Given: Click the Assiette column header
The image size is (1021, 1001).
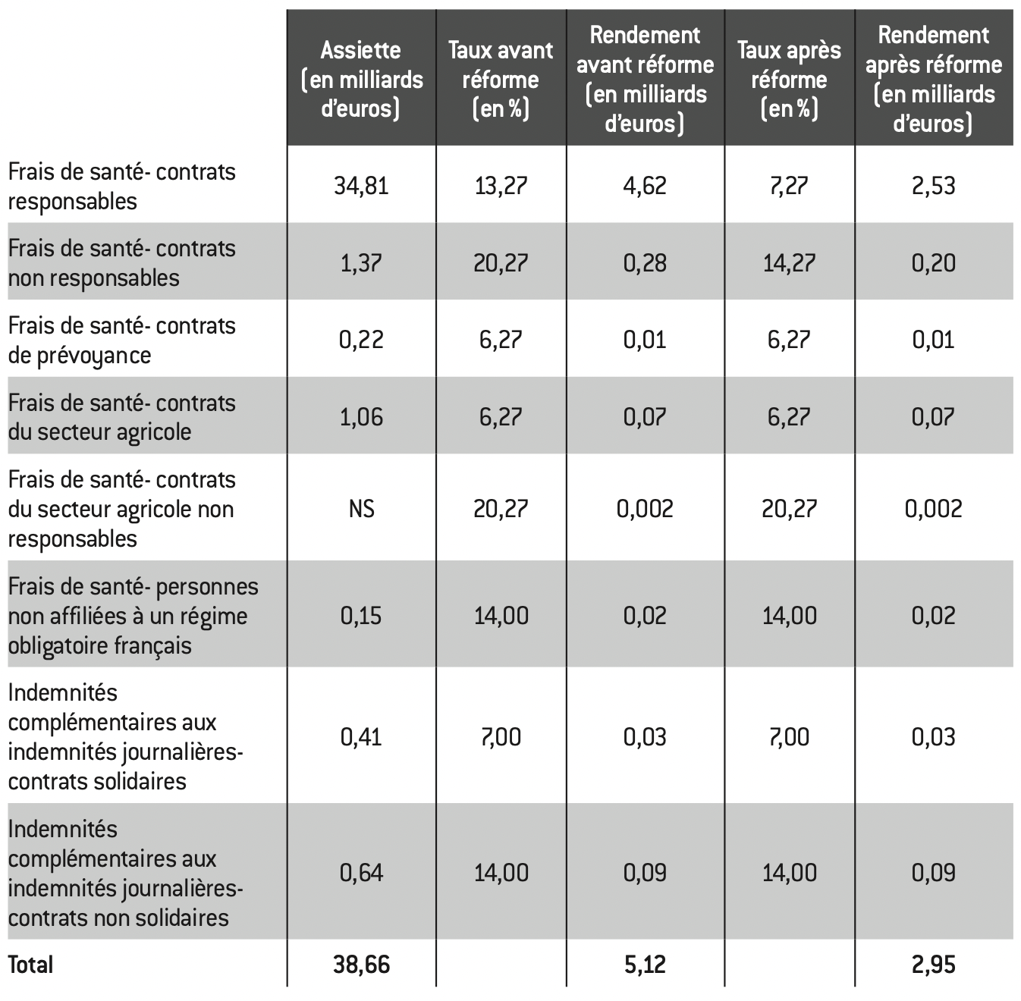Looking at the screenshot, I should [361, 79].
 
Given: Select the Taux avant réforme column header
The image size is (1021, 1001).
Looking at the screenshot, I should [501, 79].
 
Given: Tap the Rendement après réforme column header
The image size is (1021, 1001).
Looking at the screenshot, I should [934, 79].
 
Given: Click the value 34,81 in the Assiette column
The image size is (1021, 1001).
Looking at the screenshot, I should [361, 186].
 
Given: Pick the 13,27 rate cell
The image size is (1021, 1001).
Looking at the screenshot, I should [501, 186].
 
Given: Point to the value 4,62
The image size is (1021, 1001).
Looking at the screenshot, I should [645, 186].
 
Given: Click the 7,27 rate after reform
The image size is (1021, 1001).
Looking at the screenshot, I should [789, 186].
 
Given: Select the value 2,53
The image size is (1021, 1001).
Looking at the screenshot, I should [934, 186].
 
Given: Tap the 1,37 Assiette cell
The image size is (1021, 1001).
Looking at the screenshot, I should [361, 262].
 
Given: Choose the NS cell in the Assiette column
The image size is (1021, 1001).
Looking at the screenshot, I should [361, 508].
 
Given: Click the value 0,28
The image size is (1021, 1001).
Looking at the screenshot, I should [645, 262].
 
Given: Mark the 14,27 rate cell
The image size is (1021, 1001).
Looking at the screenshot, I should [789, 262].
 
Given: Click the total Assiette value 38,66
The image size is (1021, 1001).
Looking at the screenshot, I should [361, 965].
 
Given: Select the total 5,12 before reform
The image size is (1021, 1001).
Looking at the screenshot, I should [645, 965].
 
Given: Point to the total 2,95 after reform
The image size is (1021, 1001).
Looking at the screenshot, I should [934, 965].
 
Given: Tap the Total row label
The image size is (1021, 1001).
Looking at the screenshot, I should [30, 965].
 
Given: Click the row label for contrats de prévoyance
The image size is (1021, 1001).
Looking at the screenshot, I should [121, 340].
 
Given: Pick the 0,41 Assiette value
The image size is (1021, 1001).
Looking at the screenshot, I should [361, 736].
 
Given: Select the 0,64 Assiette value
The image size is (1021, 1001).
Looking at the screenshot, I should [361, 872].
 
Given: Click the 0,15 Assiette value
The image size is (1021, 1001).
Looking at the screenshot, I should [361, 615].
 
